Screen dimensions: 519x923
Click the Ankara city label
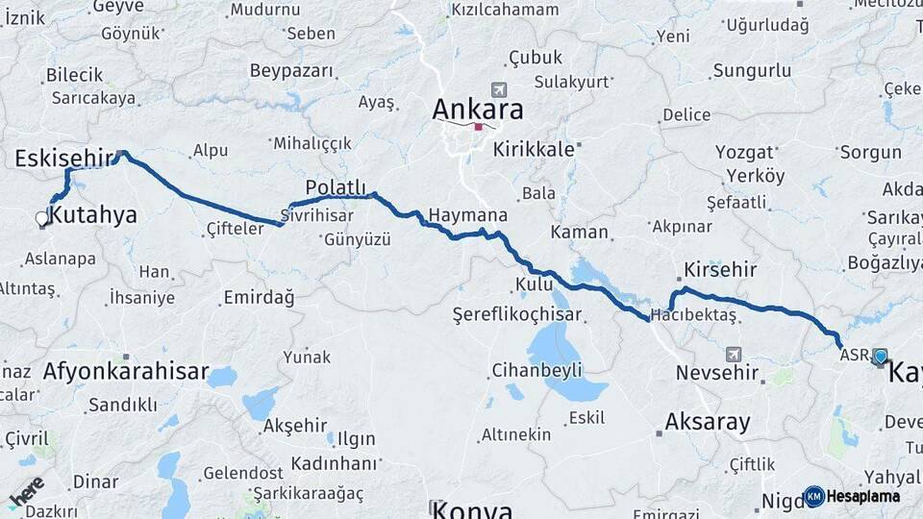pyautogui.click(x=478, y=109)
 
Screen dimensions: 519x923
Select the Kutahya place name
pyautogui.click(x=93, y=215)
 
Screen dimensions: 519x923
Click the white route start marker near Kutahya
pyautogui.click(x=41, y=218)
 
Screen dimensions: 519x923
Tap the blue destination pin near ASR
pyautogui.click(x=880, y=357)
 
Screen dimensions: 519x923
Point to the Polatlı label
pyautogui.click(x=336, y=186)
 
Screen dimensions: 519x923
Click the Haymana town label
pyautogui.click(x=468, y=214)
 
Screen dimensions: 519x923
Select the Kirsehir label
pyautogui.click(x=720, y=270)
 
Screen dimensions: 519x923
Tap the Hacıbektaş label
pyautogui.click(x=693, y=314)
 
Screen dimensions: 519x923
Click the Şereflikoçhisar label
pyautogui.click(x=531, y=314)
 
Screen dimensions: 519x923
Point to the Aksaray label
pyautogui.click(x=707, y=421)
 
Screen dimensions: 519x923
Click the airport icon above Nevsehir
pyautogui.click(x=735, y=353)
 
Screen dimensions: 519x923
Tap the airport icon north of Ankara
pyautogui.click(x=497, y=88)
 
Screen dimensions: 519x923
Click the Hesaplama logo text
pyautogui.click(x=863, y=497)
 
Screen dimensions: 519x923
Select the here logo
pyautogui.click(x=27, y=491)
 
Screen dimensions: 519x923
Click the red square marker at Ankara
pyautogui.click(x=478, y=126)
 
